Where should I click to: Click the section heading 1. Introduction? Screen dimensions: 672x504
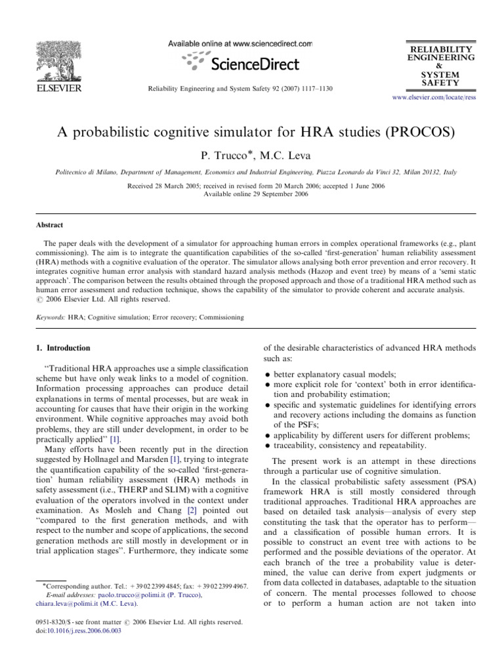(63, 348)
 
